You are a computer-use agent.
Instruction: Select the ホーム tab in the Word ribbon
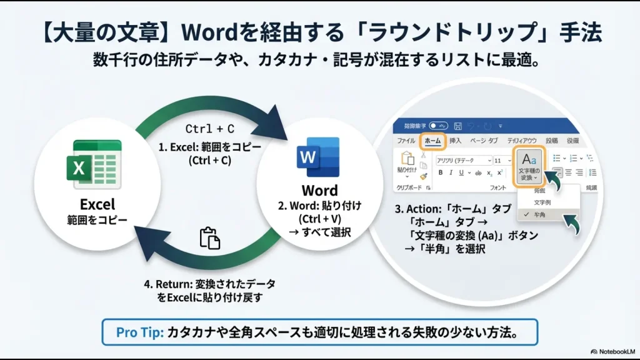pyautogui.click(x=432, y=141)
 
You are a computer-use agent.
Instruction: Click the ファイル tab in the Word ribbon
pyautogui.click(x=407, y=141)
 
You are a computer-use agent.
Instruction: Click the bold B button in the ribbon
pyautogui.click(x=441, y=173)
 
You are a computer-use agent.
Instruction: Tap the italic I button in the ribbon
pyautogui.click(x=451, y=173)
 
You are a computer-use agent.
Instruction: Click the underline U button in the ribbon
pyautogui.click(x=461, y=173)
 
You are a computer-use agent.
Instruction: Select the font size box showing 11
pyautogui.click(x=499, y=161)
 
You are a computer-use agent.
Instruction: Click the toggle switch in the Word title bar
pyautogui.click(x=438, y=126)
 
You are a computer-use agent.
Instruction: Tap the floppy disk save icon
pyautogui.click(x=458, y=126)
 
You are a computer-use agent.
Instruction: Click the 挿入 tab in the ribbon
pyautogui.click(x=456, y=141)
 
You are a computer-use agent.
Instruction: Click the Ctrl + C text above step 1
pyautogui.click(x=210, y=129)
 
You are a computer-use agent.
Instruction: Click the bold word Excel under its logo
pyautogui.click(x=97, y=204)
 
